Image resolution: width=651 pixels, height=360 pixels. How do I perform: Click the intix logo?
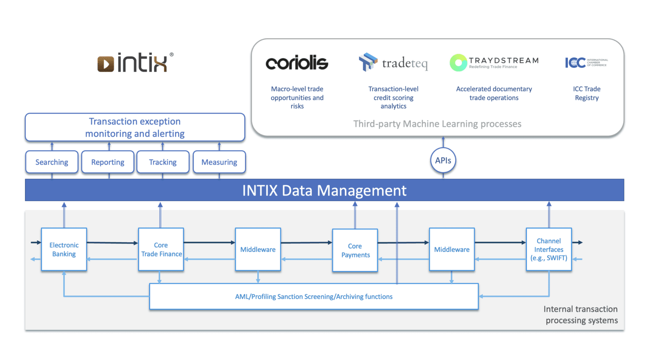coord(135,63)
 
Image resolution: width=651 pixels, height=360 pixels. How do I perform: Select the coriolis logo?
coord(297,63)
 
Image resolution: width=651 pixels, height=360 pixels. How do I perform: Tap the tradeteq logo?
coord(393,63)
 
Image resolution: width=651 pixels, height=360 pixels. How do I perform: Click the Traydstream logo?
coord(494,63)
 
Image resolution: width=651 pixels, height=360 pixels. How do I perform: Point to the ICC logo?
coord(586,63)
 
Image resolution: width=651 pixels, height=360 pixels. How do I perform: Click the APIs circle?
coord(443,161)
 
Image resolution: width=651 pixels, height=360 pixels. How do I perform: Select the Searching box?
coord(52,162)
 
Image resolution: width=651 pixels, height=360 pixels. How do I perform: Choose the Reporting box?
coord(108,162)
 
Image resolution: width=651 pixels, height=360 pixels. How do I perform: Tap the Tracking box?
coord(163,162)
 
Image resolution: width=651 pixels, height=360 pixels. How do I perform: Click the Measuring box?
coord(219,162)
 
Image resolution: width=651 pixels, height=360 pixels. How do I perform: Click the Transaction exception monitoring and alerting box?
coord(135,127)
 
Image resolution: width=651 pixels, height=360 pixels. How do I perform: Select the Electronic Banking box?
coord(64,249)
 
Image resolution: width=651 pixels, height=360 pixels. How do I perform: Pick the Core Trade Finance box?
coord(161,249)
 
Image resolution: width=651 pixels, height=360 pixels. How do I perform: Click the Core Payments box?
coord(355,250)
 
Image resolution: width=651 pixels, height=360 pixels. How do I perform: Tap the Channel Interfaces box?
coord(549,249)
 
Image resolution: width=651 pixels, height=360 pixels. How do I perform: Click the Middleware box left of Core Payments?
coord(258,249)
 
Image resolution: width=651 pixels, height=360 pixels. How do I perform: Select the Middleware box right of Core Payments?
coord(452,249)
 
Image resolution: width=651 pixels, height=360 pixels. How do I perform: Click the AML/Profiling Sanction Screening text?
coord(314,297)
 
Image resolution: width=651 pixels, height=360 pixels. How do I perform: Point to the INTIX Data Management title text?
coord(324,191)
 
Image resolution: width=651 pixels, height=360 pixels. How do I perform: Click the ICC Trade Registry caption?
coord(587,93)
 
